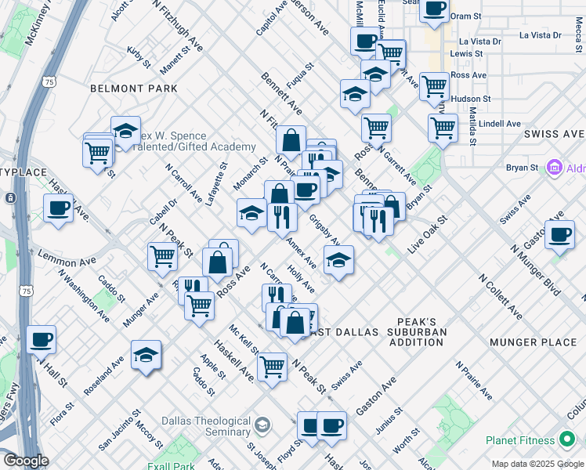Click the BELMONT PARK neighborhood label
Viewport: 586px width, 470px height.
tap(134, 89)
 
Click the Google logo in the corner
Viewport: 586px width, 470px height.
tap(26, 461)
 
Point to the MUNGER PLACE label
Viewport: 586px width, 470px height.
tap(532, 342)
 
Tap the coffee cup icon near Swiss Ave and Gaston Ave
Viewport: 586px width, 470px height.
tap(559, 234)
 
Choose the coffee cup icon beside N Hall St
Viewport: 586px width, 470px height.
tap(41, 339)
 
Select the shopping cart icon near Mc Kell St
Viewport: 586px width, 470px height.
tap(272, 365)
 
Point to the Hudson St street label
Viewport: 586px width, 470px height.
tap(476, 99)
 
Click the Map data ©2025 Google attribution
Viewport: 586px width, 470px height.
tap(537, 464)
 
